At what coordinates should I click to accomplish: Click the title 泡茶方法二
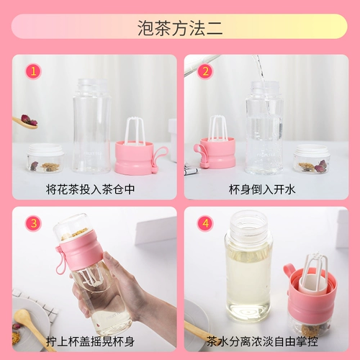point(179,27)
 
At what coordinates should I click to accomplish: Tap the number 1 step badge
point(33,71)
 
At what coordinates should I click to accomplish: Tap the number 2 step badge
point(204,71)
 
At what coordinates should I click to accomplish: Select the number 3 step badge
point(33,223)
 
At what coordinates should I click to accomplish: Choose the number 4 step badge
point(204,223)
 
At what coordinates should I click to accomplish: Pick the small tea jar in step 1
point(45,158)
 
